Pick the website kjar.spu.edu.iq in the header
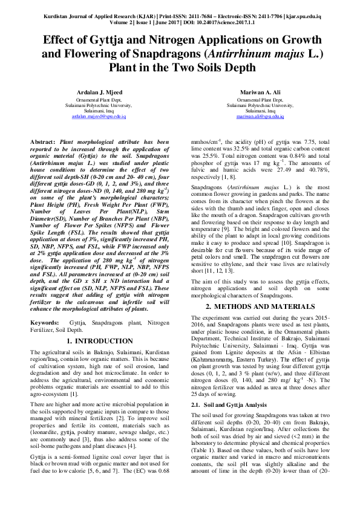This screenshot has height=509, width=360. point(312,12)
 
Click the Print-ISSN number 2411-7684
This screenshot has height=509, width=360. point(186,12)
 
